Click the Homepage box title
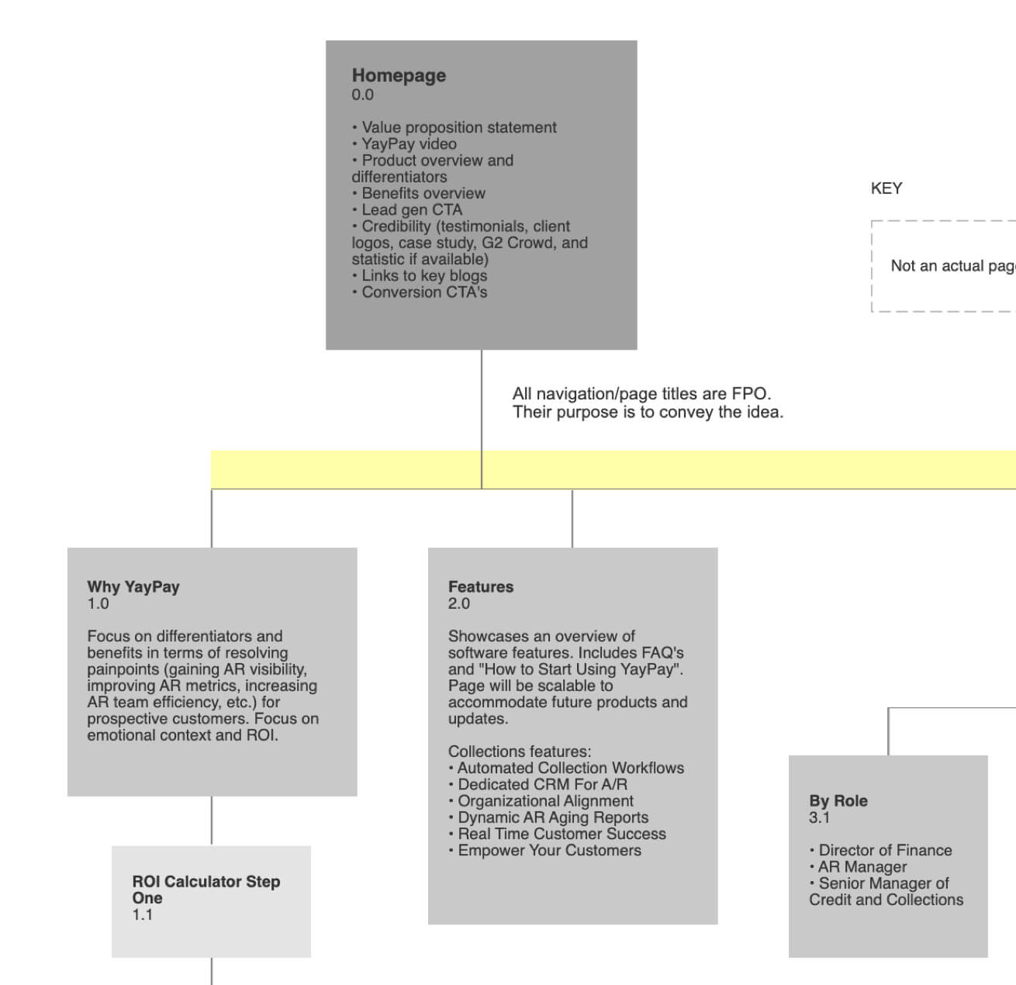click(399, 76)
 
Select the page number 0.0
click(362, 95)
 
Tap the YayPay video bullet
click(404, 144)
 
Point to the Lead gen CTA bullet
click(407, 210)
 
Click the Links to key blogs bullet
click(420, 275)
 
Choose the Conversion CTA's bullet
click(420, 292)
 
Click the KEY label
click(886, 188)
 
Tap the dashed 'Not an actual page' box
click(944, 221)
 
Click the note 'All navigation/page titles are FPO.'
click(641, 393)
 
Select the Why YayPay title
click(133, 586)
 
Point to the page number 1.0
click(98, 604)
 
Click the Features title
click(481, 586)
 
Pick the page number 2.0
click(459, 604)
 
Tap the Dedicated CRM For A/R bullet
click(537, 785)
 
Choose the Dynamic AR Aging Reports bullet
click(548, 817)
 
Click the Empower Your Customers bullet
click(544, 850)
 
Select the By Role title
click(838, 800)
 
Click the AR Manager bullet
click(858, 867)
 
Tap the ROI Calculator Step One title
click(206, 890)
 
